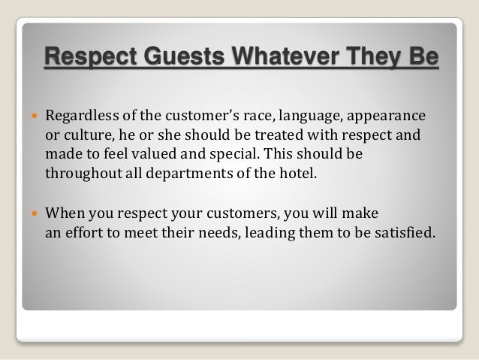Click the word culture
(x=86, y=138)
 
